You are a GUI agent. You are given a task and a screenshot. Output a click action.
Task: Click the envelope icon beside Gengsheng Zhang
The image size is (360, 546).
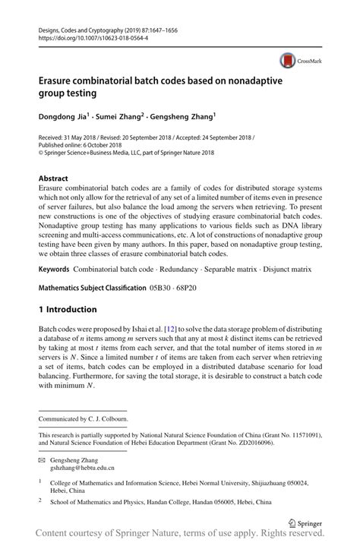(x=43, y=460)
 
